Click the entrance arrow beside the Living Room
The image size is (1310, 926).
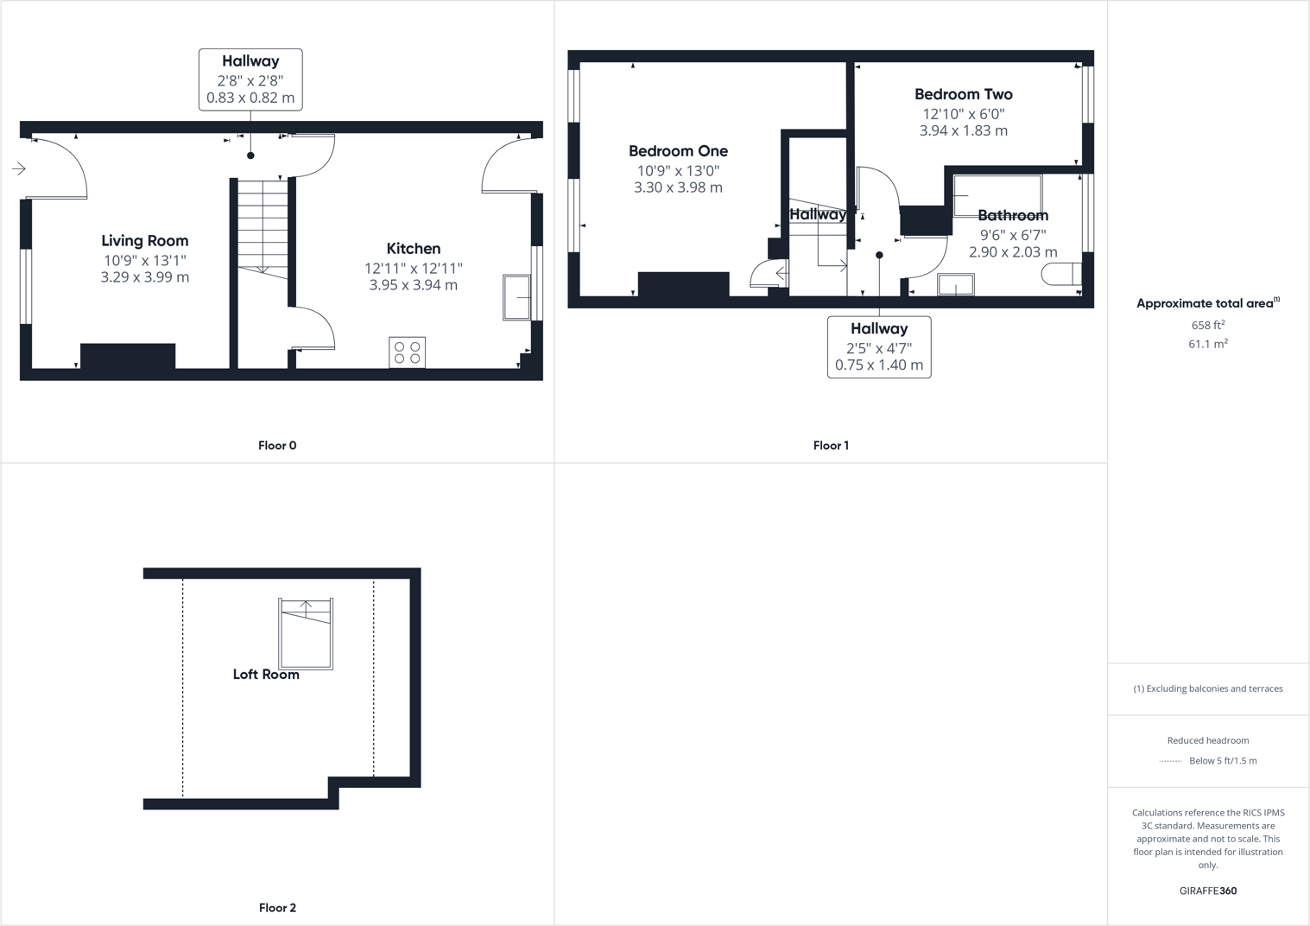point(19,168)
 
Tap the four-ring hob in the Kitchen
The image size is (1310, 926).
point(407,352)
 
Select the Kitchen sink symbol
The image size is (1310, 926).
point(516,298)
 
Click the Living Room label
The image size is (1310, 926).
point(144,241)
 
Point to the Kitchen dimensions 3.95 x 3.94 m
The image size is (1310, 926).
point(413,285)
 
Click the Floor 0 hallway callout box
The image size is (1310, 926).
point(250,79)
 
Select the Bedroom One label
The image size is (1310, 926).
point(678,151)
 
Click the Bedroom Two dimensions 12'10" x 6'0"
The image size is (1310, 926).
point(963,113)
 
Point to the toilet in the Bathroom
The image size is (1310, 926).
point(1060,275)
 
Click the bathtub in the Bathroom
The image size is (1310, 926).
point(997,195)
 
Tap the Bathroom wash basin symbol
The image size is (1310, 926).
point(956,284)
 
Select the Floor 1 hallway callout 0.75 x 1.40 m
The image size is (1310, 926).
point(879,365)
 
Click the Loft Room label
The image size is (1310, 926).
point(266,675)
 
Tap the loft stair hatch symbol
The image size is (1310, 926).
point(306,633)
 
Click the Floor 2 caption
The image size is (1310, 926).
point(277,908)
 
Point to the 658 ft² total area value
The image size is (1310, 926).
point(1208,325)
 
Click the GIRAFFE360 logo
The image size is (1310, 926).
point(1207,891)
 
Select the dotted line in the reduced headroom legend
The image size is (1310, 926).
point(1170,761)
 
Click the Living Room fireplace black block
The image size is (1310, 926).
point(128,356)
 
